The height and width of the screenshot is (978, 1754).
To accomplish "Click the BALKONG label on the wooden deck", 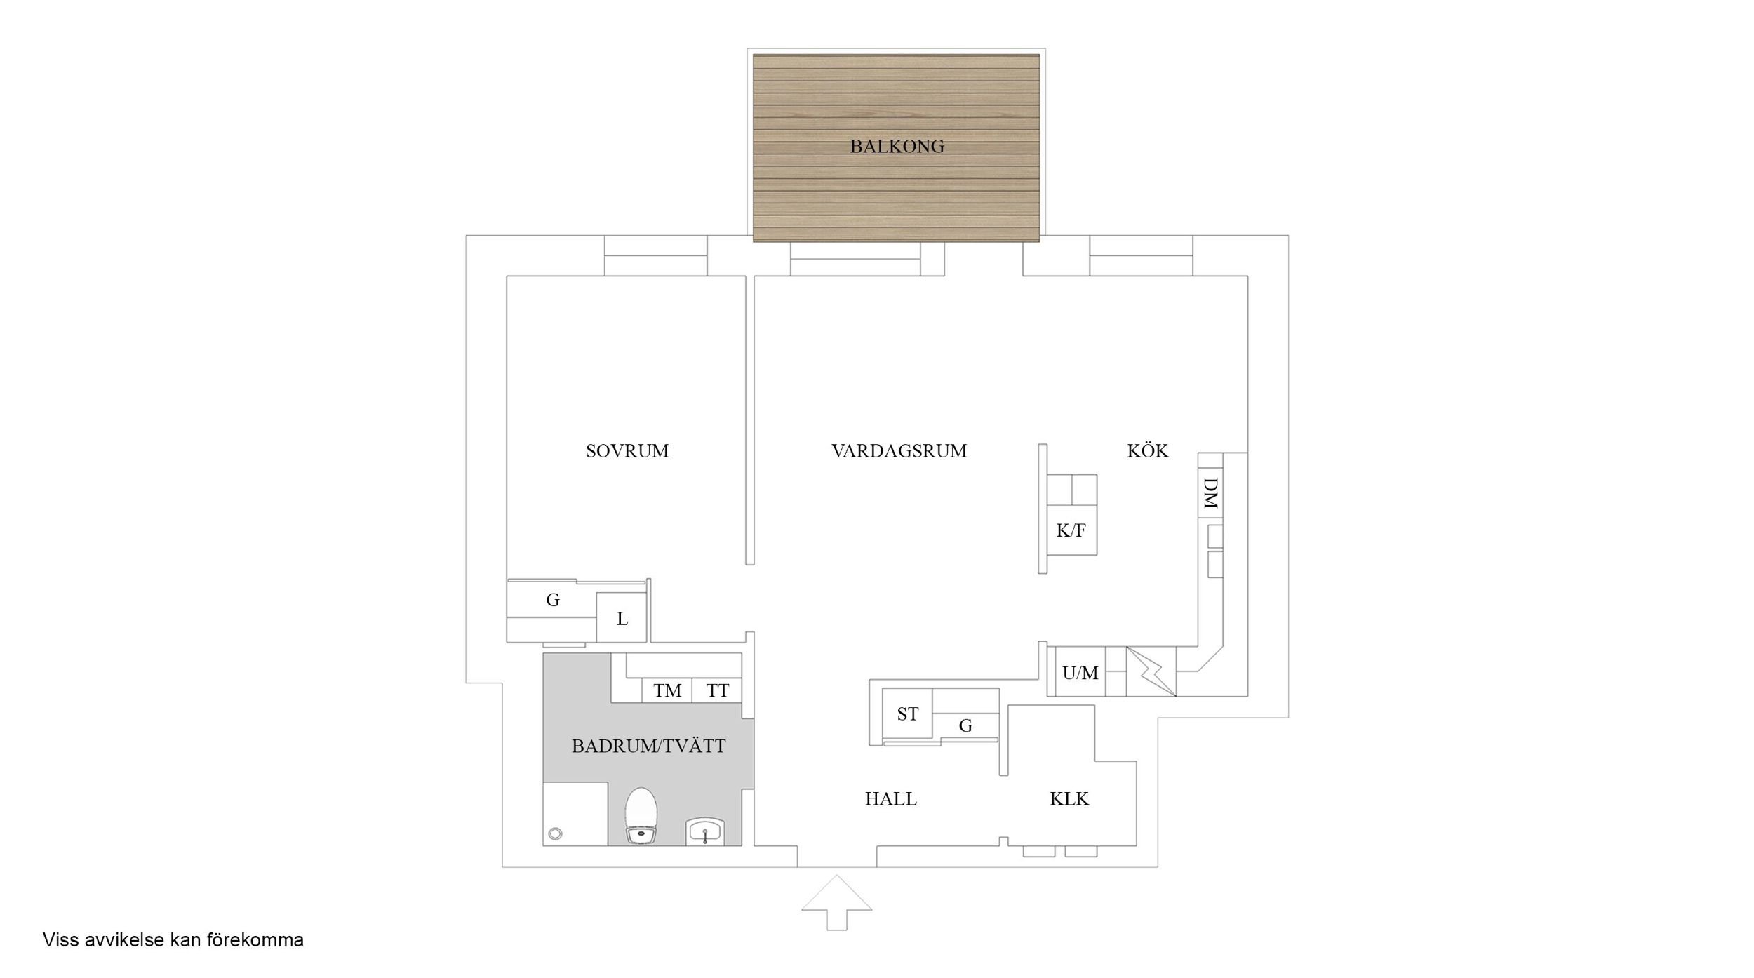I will pos(897,147).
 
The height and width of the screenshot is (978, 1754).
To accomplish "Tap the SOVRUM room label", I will pos(627,450).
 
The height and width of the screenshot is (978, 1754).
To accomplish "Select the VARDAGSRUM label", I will pos(899,450).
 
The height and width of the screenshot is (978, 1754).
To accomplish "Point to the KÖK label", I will pos(1148,450).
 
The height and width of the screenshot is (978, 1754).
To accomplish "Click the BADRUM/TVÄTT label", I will pos(648,746).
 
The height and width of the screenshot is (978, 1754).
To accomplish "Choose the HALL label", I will pos(890,798).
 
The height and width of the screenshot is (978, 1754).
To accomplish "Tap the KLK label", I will pos(1069,798).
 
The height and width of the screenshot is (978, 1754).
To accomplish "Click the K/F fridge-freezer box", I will pos(1071,530).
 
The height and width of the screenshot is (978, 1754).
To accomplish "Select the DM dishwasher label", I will pos(1210,493).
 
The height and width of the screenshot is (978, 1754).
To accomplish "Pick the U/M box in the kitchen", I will pos(1080,674).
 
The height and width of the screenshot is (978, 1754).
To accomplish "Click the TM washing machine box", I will pos(667,691).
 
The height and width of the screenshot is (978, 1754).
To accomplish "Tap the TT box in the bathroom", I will pos(717,691).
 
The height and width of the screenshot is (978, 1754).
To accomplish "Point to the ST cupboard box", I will pos(907,714).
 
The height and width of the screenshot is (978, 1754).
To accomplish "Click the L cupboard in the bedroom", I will pos(622,619).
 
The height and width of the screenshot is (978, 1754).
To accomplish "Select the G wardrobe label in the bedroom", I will pos(553,600).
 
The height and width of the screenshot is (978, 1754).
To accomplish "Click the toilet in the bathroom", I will pos(641,815).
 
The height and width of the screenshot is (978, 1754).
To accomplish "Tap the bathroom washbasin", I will pos(704,832).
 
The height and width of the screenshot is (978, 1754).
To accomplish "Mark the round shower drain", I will pos(556,833).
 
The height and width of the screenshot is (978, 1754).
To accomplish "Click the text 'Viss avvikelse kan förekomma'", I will pos(173,940).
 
